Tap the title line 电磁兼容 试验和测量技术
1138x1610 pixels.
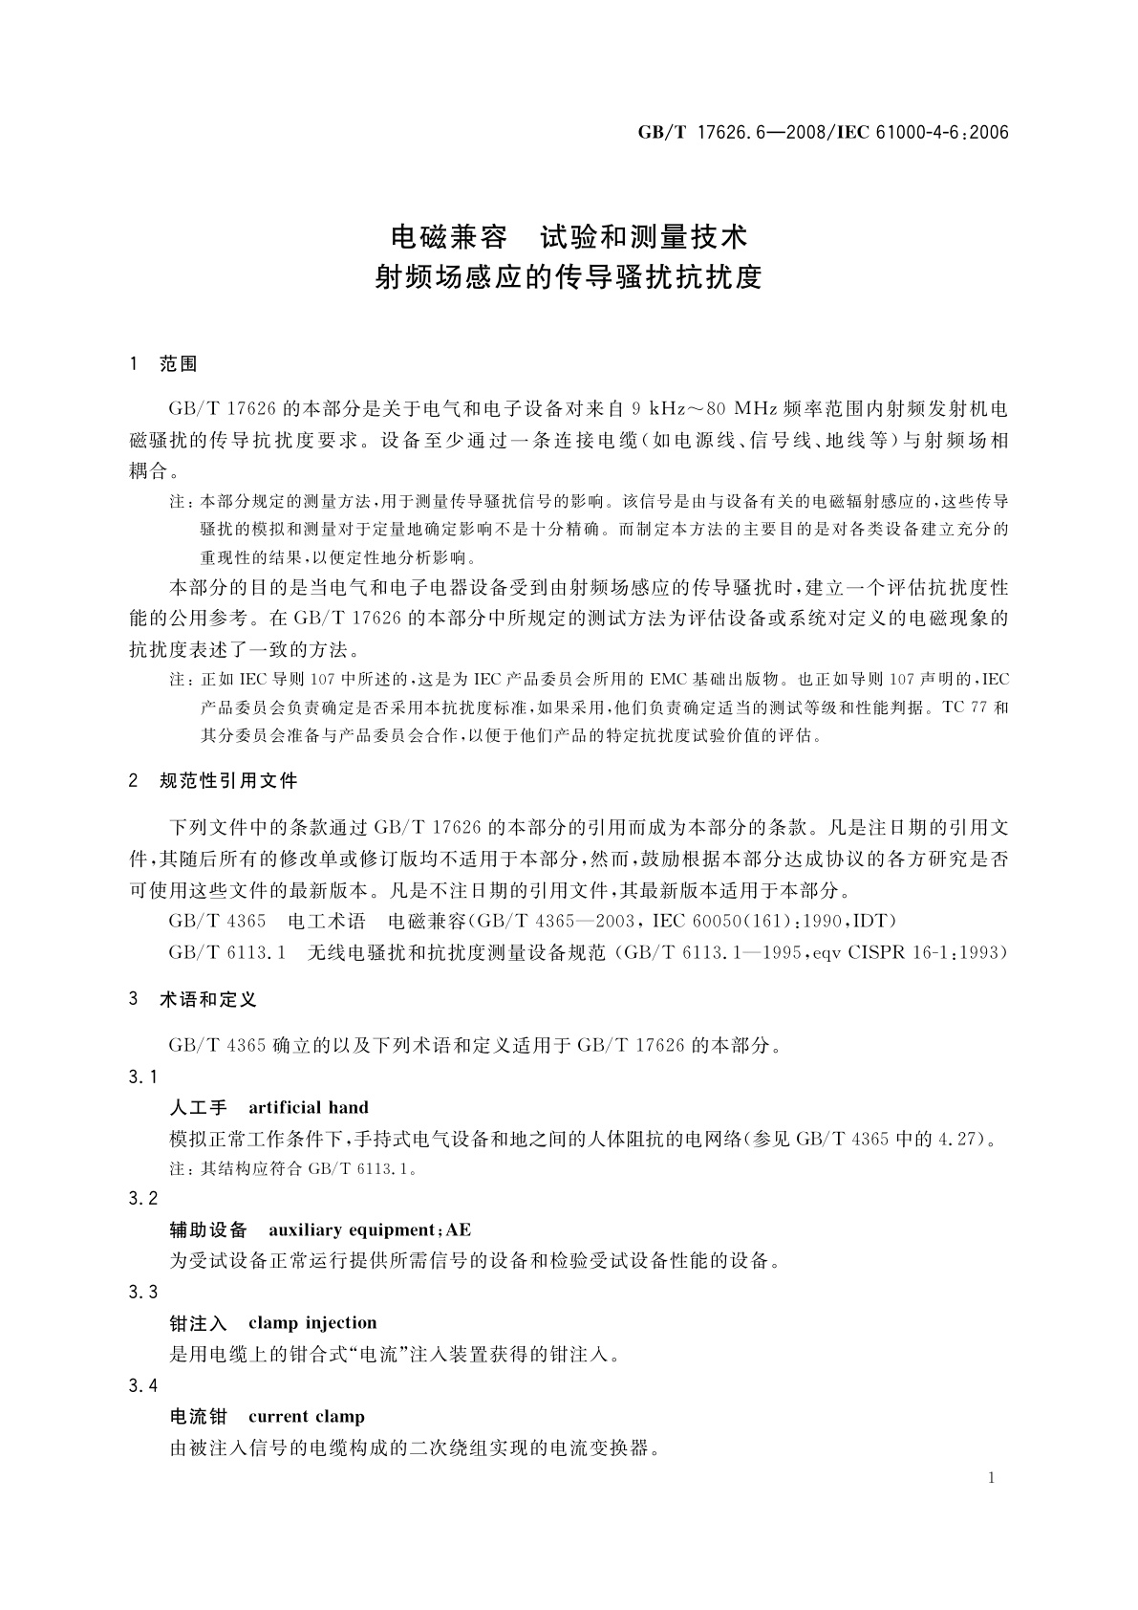click(569, 235)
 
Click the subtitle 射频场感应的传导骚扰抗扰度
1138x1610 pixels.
click(569, 277)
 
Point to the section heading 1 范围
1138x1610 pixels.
click(163, 363)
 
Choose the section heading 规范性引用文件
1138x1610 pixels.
click(228, 781)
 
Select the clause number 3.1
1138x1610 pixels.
click(142, 1077)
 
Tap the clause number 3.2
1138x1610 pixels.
click(142, 1199)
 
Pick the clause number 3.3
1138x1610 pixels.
click(142, 1292)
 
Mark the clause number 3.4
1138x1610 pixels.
click(142, 1385)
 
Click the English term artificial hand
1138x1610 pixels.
click(308, 1108)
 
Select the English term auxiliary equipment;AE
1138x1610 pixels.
click(370, 1229)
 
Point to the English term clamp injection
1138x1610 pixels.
click(312, 1323)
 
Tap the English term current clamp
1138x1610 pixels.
click(306, 1417)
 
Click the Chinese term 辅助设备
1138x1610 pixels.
click(208, 1229)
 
